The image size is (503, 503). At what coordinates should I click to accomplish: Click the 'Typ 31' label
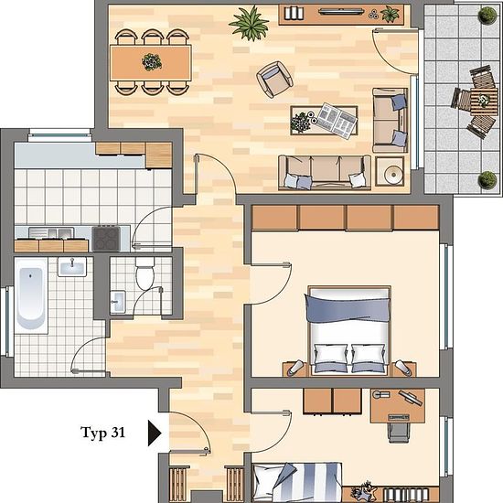point(102,433)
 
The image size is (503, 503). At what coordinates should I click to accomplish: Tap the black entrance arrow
point(154,433)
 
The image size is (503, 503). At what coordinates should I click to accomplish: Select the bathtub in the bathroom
point(31,295)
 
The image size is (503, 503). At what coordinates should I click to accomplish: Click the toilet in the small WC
point(144,273)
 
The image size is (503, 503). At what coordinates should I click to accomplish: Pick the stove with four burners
point(106,239)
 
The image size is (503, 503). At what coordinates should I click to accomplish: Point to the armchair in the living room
point(274,79)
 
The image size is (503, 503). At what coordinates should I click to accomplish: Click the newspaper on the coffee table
point(337,120)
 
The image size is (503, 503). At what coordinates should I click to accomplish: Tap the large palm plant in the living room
point(250,23)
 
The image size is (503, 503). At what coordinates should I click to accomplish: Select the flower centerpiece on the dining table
point(152,62)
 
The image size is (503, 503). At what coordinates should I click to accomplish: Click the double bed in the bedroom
point(349,330)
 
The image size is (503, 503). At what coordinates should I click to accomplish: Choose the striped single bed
point(297,482)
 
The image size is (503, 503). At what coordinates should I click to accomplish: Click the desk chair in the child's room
point(399,432)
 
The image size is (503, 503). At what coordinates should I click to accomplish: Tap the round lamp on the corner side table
point(391,174)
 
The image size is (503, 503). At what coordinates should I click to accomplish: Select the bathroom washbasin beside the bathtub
point(72,266)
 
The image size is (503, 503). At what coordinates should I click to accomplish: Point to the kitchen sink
point(51,233)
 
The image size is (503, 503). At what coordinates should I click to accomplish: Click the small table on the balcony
point(484,102)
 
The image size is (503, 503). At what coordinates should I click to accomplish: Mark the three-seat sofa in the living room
point(325,172)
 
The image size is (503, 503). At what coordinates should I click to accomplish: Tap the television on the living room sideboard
point(341,12)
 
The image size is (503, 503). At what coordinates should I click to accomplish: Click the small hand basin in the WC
point(118,302)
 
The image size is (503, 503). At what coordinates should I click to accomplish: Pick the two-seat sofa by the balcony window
point(390,121)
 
